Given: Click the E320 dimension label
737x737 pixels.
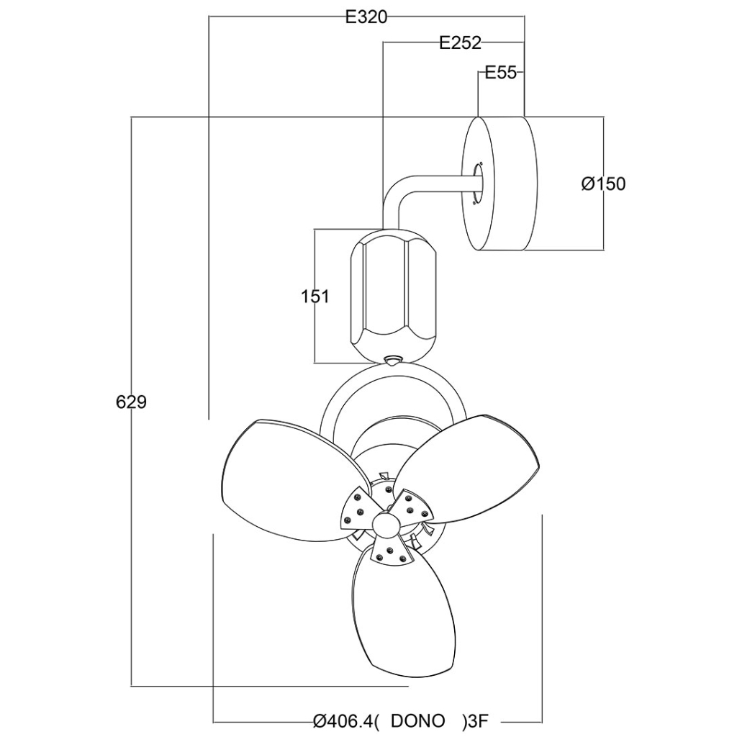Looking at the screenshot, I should tap(366, 17).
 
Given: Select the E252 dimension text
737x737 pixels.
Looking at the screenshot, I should tap(460, 43).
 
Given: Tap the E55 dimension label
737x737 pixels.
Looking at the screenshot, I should tap(500, 73).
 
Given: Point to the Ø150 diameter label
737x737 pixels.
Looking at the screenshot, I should tap(603, 184).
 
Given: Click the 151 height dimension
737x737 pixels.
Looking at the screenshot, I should tap(315, 296).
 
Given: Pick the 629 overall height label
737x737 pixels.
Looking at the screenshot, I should tap(131, 402).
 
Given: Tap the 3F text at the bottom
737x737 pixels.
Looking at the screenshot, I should tap(479, 720).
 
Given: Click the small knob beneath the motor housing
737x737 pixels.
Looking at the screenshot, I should tap(393, 361).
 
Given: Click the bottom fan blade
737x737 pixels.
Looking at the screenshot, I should tap(403, 619).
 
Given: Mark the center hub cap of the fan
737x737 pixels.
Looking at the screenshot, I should tap(387, 523).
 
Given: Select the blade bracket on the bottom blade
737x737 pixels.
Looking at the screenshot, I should tap(392, 553).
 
